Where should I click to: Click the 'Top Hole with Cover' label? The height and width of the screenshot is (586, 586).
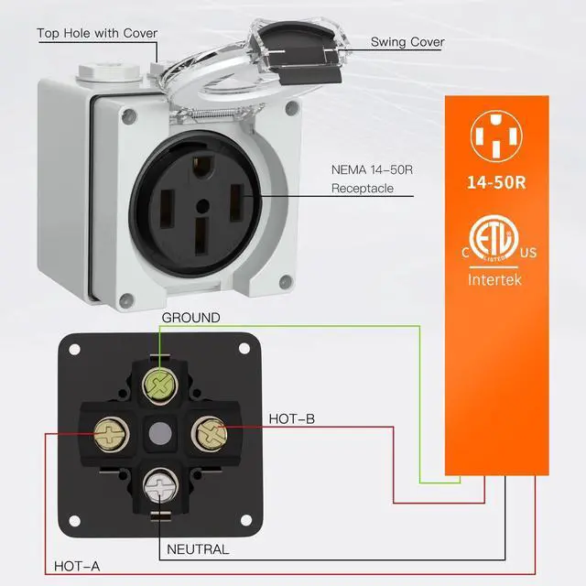[97, 34]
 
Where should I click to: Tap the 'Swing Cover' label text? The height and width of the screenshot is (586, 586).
[408, 42]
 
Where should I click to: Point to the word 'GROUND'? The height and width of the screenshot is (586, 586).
[190, 318]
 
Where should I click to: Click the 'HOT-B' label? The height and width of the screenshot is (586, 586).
[292, 419]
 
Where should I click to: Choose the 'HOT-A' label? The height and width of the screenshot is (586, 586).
[76, 567]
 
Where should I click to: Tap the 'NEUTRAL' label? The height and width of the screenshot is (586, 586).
[198, 549]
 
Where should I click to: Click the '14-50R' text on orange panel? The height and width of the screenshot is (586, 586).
[494, 180]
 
